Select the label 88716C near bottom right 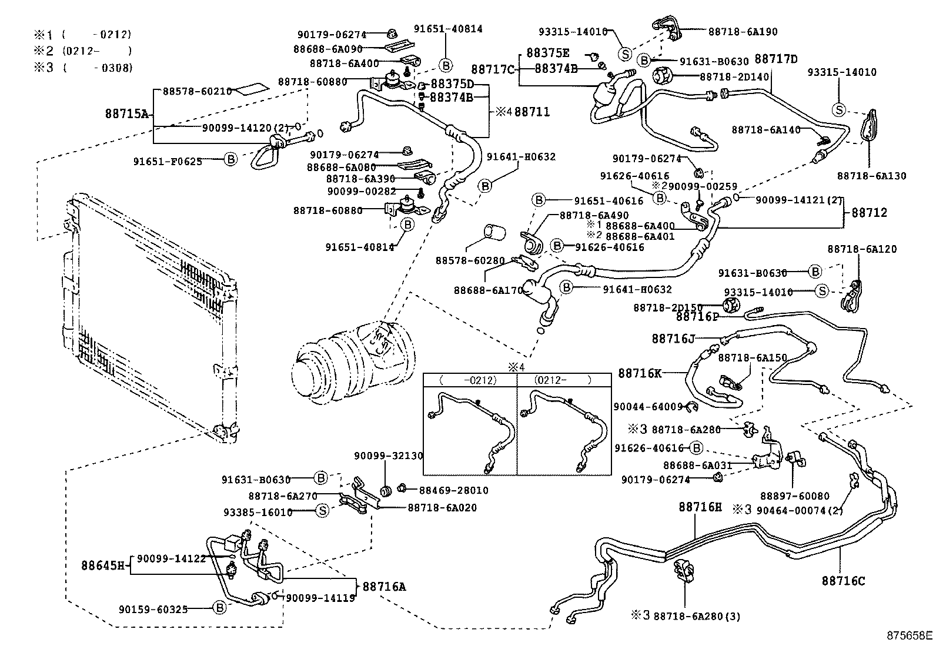843,581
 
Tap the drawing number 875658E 910,635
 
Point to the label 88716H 700,507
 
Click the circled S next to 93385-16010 322,511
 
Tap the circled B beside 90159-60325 219,608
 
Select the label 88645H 104,565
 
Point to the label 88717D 776,59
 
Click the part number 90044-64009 647,406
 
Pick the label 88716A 384,586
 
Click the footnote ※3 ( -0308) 82,68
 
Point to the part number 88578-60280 470,260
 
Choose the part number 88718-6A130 871,176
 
